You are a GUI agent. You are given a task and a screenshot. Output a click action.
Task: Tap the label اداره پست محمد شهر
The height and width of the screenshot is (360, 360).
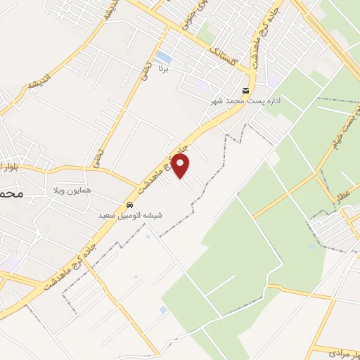[x=246, y=101]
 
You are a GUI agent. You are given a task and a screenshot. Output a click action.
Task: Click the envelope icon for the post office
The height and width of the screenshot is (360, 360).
[x=245, y=91]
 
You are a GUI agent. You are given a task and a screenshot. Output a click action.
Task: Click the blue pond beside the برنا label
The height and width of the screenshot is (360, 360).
[x=163, y=57]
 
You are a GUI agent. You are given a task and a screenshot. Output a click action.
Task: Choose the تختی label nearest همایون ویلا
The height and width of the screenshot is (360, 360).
[x=98, y=155]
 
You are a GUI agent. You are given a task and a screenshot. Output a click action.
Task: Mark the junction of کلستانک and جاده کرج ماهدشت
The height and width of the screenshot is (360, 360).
[x=252, y=70]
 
